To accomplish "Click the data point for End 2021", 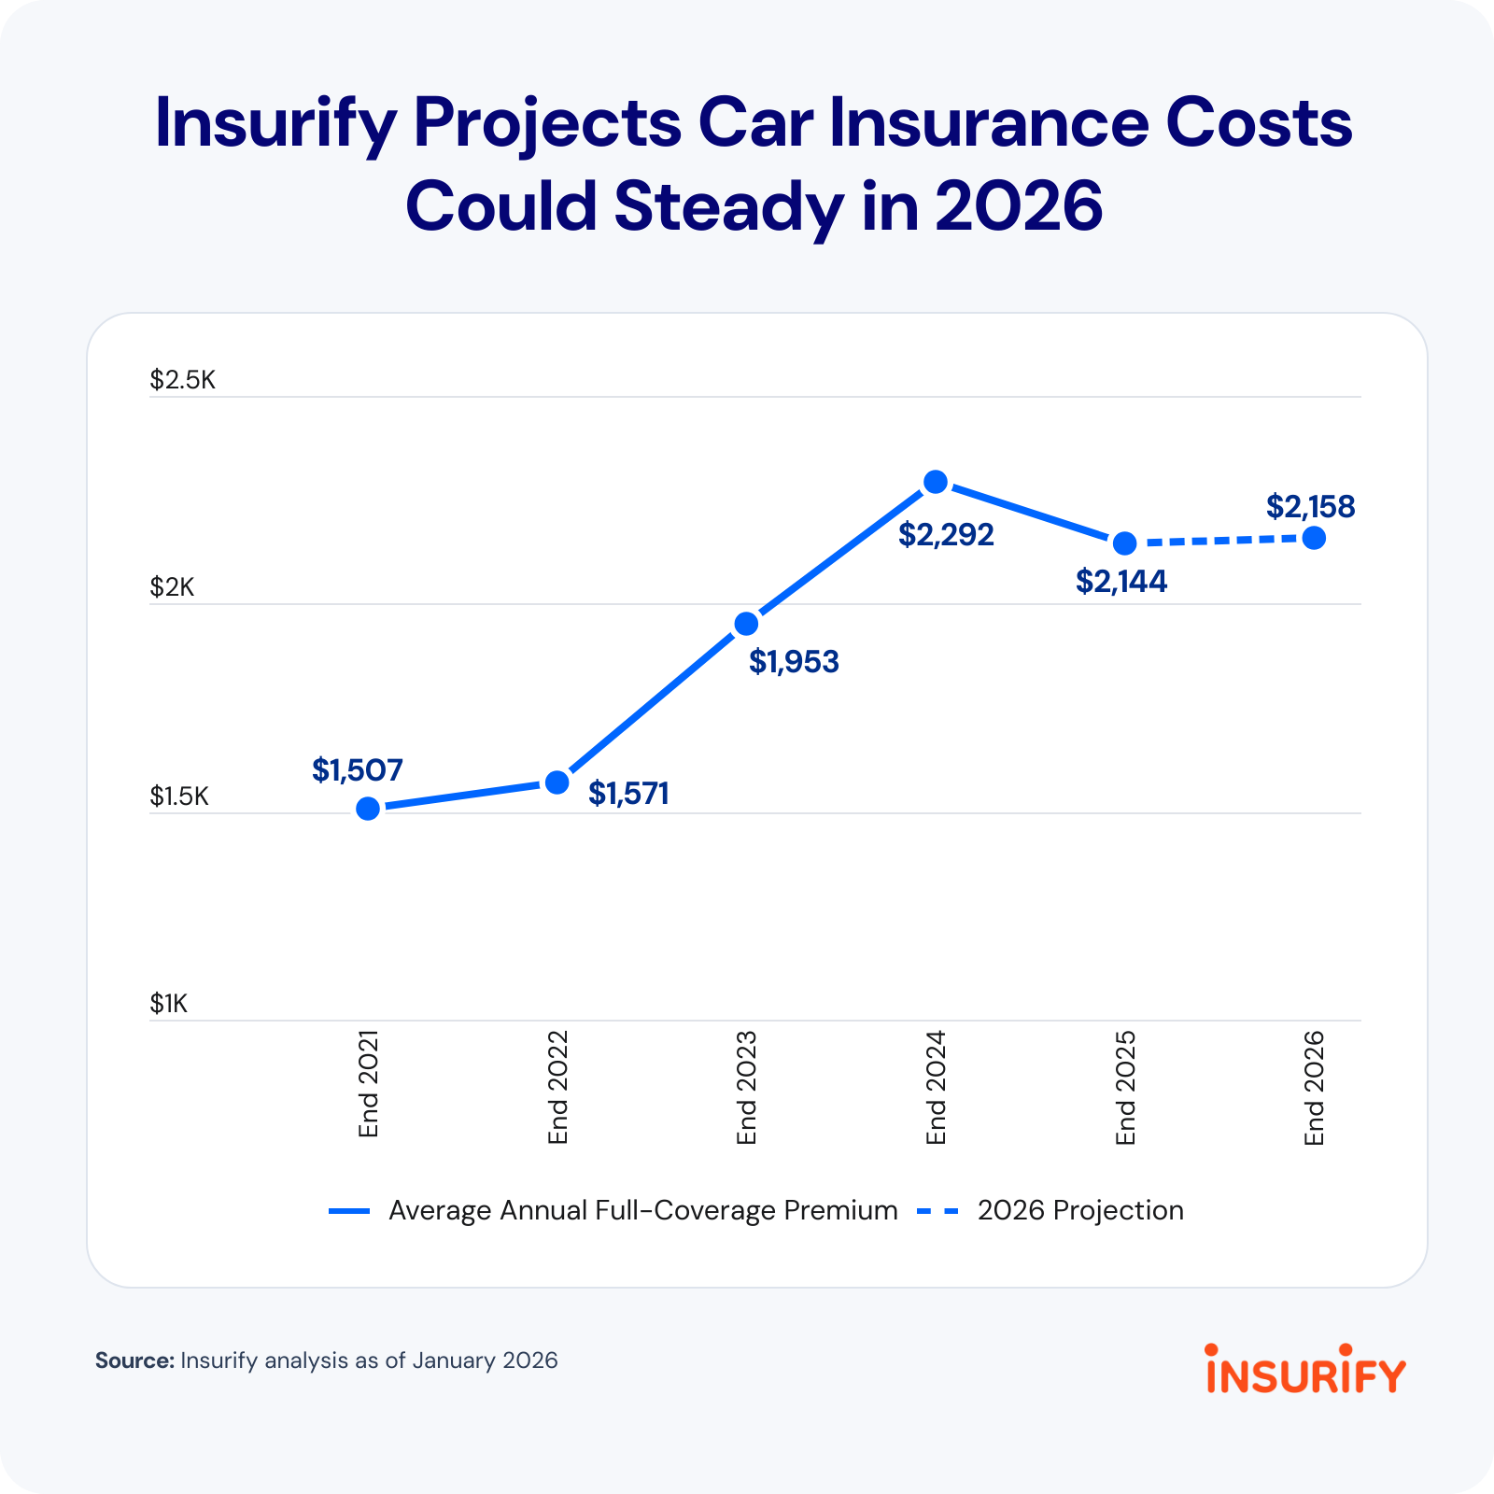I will [x=368, y=809].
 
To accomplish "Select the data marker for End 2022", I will [x=557, y=782].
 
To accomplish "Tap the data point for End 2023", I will [x=746, y=624].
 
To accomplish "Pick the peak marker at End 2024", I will [x=936, y=482].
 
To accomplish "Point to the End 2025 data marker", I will [x=1125, y=543].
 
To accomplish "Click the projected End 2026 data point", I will [x=1314, y=538].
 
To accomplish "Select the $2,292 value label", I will [x=946, y=535].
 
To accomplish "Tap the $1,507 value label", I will [x=358, y=770].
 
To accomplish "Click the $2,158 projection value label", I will [x=1310, y=507].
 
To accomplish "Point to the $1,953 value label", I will [x=794, y=662].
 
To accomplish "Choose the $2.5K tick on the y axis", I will [x=183, y=380].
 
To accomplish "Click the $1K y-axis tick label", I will [x=169, y=1004].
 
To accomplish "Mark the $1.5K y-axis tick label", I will [x=179, y=796].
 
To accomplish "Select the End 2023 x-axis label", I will [x=746, y=1088].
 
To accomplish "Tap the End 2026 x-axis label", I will [x=1314, y=1088].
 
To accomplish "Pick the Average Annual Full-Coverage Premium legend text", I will [x=642, y=1210].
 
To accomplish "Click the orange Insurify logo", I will [x=1305, y=1370].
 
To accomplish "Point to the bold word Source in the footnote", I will [x=134, y=1360].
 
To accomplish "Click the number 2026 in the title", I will [x=1019, y=206].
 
